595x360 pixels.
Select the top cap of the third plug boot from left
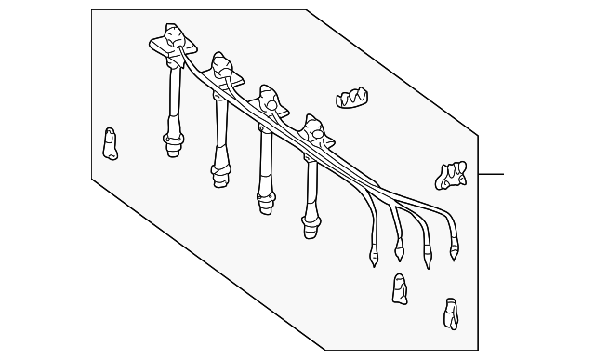pyautogui.click(x=267, y=97)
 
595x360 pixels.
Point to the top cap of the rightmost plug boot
pyautogui.click(x=313, y=127)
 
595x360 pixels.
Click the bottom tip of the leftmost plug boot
pyautogui.click(x=172, y=145)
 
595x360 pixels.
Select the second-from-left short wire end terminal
pyautogui.click(x=401, y=250)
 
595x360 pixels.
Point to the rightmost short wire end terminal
pyautogui.click(x=455, y=248)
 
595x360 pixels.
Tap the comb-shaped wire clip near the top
pyautogui.click(x=351, y=98)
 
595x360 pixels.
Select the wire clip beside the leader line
pyautogui.click(x=451, y=174)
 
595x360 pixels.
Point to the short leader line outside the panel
pyautogui.click(x=490, y=174)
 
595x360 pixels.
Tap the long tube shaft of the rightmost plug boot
pyautogui.click(x=311, y=182)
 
